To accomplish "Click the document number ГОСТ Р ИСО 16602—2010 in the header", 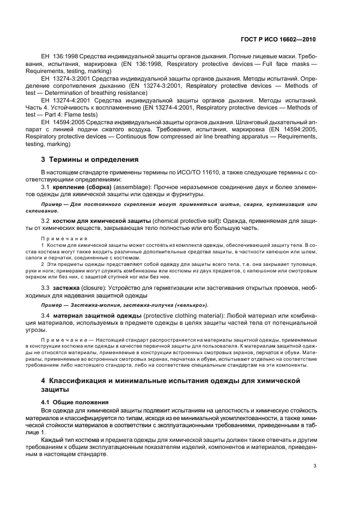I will (278, 40).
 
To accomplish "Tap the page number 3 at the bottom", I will (315, 465).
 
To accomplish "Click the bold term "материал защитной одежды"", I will (95, 315).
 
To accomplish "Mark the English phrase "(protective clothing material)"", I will (187, 315).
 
